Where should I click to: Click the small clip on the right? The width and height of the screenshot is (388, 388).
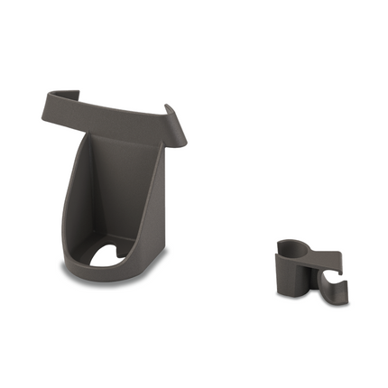point(307,271)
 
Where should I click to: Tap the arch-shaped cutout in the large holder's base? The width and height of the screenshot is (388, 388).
point(115,254)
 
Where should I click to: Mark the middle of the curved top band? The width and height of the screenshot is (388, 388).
point(108,108)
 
